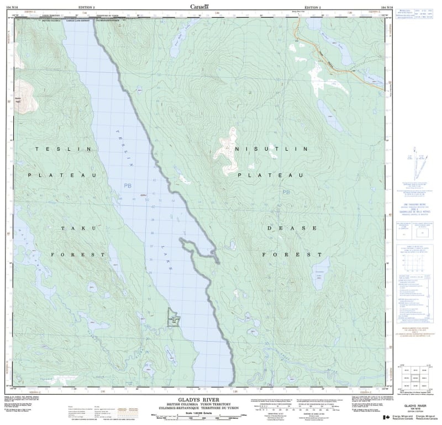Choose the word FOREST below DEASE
point(292,254)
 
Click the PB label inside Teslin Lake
point(128,186)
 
